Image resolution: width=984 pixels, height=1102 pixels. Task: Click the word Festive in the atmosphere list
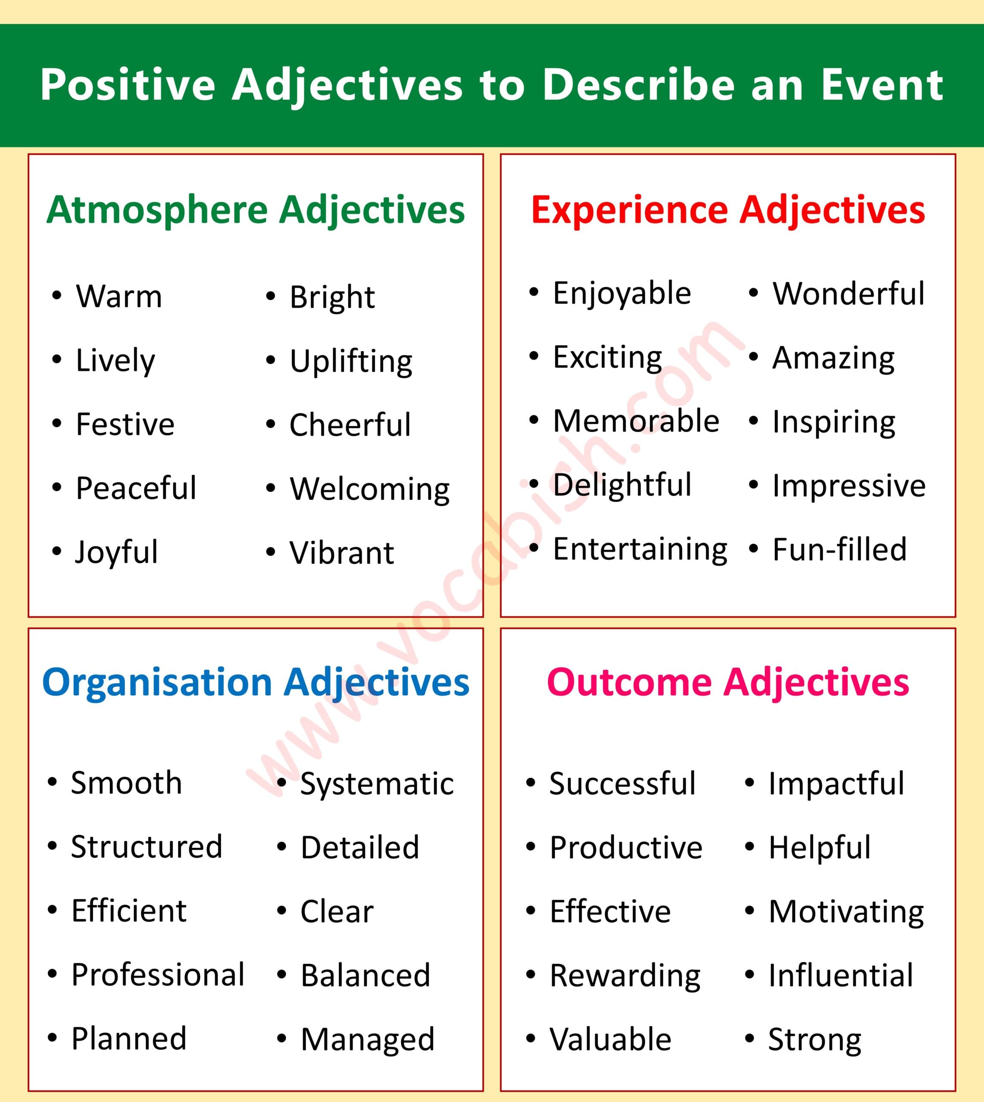tap(125, 424)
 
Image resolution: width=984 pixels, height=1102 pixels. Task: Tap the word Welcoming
tap(370, 489)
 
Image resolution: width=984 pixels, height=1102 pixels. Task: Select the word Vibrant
tap(342, 553)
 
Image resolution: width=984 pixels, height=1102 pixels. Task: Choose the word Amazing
tap(834, 359)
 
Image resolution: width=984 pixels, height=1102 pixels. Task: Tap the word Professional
tap(158, 975)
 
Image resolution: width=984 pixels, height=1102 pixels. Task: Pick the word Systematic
tap(377, 784)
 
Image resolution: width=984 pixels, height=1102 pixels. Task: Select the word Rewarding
tap(625, 976)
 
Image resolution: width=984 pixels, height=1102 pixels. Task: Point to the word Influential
tap(841, 975)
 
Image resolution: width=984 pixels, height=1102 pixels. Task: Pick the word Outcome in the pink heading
tap(629, 682)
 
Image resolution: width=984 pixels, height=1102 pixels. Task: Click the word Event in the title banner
tap(882, 85)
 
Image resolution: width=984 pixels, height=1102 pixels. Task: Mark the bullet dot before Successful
tap(531, 783)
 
